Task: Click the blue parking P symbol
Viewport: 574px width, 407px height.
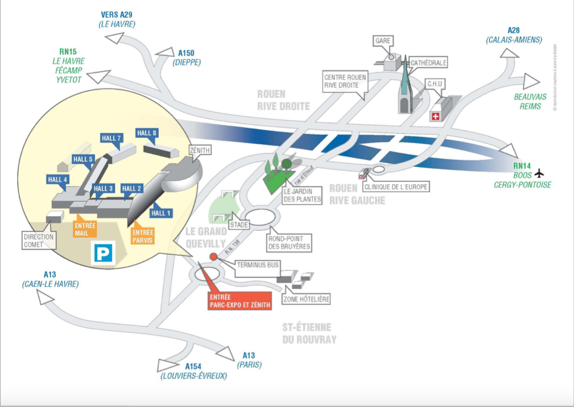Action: coord(103,253)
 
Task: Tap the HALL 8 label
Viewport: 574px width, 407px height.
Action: coord(147,132)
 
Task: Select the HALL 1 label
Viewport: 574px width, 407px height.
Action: coord(162,212)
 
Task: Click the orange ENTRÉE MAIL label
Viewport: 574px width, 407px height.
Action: coord(86,229)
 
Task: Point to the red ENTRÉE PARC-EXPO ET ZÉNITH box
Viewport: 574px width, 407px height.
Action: coord(239,301)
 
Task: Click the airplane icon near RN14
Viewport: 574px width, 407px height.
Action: coord(539,173)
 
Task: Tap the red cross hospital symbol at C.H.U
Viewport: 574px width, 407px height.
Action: coord(435,116)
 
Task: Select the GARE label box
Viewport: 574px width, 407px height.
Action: coord(383,41)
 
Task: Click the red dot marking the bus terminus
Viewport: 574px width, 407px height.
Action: coord(213,257)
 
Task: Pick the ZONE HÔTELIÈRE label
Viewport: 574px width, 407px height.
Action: coord(306,300)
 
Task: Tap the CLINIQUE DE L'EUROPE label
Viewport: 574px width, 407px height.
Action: coord(397,187)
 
